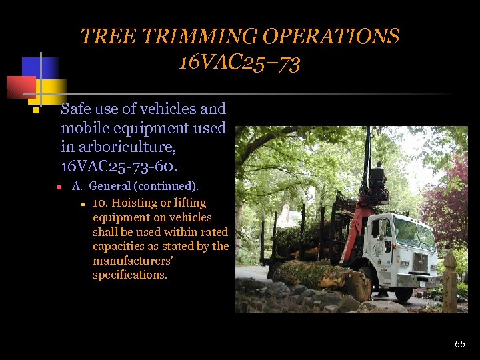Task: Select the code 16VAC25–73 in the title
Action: click(239, 63)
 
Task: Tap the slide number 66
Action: click(459, 344)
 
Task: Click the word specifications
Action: click(130, 275)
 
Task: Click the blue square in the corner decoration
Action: click(39, 68)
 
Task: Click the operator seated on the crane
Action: click(378, 175)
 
